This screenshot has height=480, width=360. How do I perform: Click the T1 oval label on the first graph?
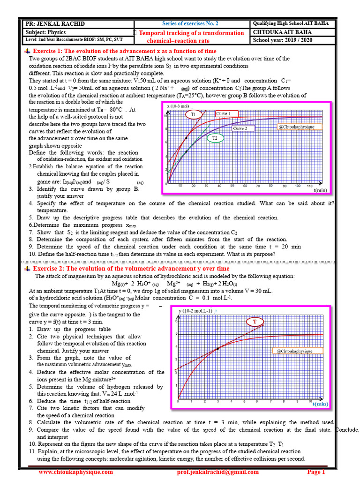point(193,114)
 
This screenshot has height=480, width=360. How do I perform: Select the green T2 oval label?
point(215,138)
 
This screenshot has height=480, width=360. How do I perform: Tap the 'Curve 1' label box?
point(227,113)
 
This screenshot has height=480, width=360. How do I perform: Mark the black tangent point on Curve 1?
point(187,138)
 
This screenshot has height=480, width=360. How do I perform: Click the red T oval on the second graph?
point(255,322)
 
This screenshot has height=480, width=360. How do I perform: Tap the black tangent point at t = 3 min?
point(218,349)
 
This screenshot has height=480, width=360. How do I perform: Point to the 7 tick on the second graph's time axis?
point(270,402)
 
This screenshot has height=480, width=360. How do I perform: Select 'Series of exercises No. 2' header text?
point(190,23)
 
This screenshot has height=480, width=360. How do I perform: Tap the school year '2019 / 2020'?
point(299,40)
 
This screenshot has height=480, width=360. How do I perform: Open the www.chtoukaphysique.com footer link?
point(75,472)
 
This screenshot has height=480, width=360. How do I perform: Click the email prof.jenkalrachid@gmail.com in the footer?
point(218,472)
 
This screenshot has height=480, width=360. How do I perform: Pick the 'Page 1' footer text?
point(316,472)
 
